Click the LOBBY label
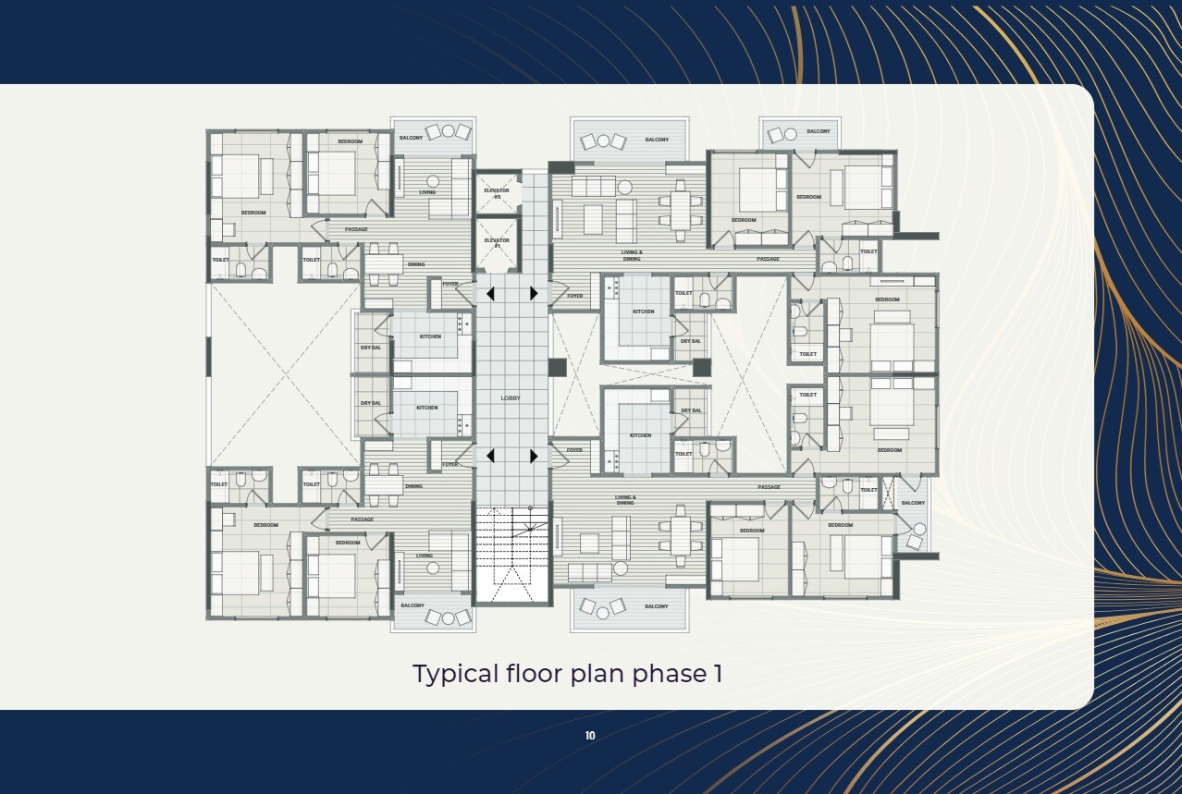(511, 398)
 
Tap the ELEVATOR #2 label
(497, 193)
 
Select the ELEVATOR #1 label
(497, 243)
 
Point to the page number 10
(590, 736)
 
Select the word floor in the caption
(531, 674)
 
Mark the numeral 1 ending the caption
(717, 674)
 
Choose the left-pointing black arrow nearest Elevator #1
(490, 294)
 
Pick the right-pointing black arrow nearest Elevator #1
(534, 294)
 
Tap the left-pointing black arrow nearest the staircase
(490, 456)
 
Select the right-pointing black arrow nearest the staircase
(534, 456)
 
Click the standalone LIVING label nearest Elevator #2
(426, 192)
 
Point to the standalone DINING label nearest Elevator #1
(416, 264)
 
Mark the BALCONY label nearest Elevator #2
(412, 138)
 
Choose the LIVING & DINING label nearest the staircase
(625, 500)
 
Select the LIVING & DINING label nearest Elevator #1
(632, 255)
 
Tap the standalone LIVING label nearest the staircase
(424, 556)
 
